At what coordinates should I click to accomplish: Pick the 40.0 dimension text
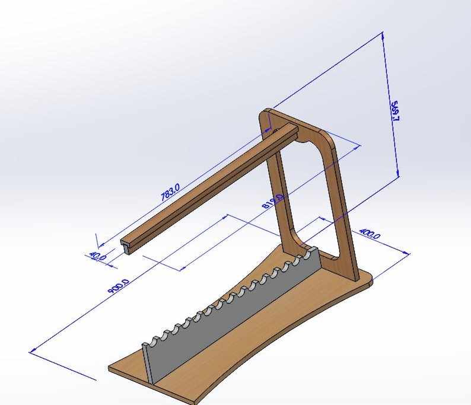point(97,256)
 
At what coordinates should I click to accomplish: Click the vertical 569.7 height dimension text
point(394,111)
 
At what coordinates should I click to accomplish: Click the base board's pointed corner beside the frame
point(371,279)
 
